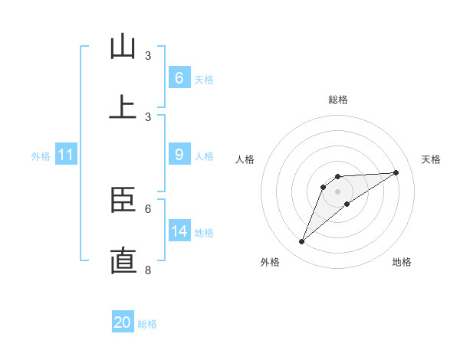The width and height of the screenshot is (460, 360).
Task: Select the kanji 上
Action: [x=123, y=106]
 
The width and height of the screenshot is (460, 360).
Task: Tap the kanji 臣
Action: [x=123, y=201]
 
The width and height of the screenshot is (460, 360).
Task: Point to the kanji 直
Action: [x=123, y=260]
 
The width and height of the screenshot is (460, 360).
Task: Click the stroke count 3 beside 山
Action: [x=148, y=56]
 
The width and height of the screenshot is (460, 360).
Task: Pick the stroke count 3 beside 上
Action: [x=148, y=116]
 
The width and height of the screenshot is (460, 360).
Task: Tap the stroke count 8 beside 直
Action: [x=148, y=270]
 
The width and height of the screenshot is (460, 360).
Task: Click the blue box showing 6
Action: [x=179, y=77]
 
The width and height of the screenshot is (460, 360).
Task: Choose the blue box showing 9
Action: [x=179, y=155]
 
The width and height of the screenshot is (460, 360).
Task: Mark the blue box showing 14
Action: [x=179, y=231]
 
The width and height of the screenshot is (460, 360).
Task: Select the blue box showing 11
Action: [x=65, y=155]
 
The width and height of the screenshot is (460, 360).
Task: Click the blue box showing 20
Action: [x=123, y=322]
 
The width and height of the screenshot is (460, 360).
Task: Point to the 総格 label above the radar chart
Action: [x=338, y=100]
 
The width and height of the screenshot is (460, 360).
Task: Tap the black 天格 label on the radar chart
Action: [x=431, y=159]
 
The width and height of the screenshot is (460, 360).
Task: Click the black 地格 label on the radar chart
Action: [x=402, y=262]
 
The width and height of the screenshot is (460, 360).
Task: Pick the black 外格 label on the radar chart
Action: [x=270, y=262]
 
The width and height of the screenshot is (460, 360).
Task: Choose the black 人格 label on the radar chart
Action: [x=245, y=159]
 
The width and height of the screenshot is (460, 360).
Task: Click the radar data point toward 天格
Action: [x=396, y=172]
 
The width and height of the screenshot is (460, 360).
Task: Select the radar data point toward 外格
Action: [x=301, y=242]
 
